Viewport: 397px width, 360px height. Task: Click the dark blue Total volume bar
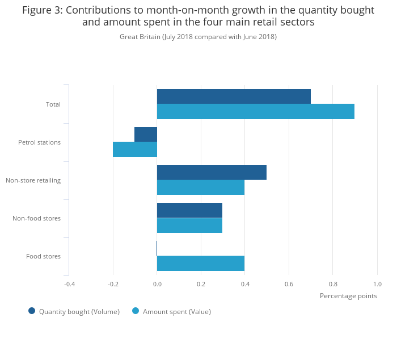click(234, 96)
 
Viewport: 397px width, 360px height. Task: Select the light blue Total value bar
click(255, 112)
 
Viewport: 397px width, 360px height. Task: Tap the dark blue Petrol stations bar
click(146, 134)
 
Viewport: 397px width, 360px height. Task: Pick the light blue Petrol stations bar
click(135, 150)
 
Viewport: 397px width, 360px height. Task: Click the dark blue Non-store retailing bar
click(212, 172)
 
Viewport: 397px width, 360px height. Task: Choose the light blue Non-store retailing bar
click(201, 188)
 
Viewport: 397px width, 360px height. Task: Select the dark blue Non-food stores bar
click(189, 210)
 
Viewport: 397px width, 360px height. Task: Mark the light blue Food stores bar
click(201, 263)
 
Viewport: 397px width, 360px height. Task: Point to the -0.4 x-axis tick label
click(69, 284)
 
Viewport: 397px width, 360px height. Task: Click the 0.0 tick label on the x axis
click(157, 284)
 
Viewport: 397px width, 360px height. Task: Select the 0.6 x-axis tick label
click(289, 284)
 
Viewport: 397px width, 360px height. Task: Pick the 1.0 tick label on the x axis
click(377, 284)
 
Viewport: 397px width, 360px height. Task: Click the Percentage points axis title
click(348, 295)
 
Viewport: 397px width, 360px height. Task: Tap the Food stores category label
click(43, 256)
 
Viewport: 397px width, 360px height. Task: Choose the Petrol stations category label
click(39, 142)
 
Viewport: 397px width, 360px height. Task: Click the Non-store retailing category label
click(33, 180)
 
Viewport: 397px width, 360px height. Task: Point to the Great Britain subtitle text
click(198, 37)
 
